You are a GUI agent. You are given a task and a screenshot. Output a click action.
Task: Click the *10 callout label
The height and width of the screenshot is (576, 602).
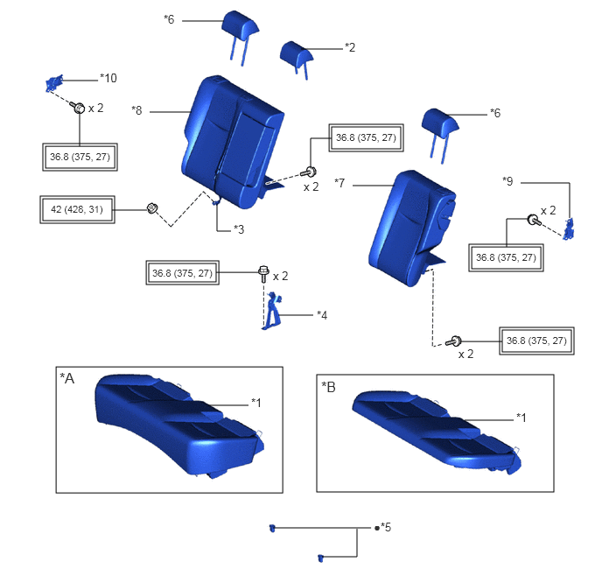108,78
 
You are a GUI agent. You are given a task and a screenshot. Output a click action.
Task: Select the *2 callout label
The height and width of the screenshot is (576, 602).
350,47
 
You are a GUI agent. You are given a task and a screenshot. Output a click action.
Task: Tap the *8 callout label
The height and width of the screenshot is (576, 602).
136,110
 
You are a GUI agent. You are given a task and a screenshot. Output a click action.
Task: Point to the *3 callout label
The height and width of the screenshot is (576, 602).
239,229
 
